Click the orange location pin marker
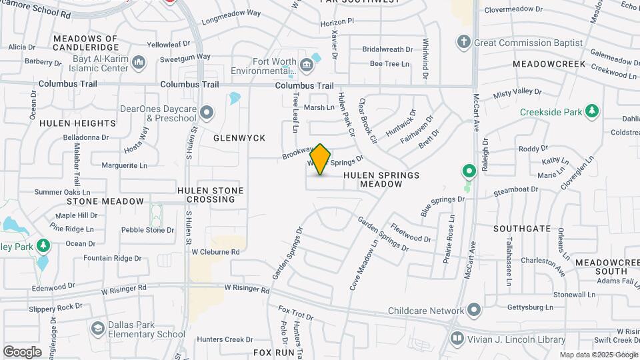click(321, 159)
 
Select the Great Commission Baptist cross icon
click(464, 43)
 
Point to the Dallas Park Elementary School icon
click(98, 328)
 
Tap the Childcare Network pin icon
click(473, 311)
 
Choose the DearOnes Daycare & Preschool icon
click(207, 113)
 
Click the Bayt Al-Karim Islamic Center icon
click(139, 63)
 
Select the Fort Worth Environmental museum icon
click(306, 65)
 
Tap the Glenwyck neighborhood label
click(239, 138)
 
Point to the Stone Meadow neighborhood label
click(105, 201)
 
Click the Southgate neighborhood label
click(522, 229)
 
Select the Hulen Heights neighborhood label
click(77, 123)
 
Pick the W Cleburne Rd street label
click(215, 252)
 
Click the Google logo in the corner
click(22, 351)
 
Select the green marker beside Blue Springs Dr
click(469, 172)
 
